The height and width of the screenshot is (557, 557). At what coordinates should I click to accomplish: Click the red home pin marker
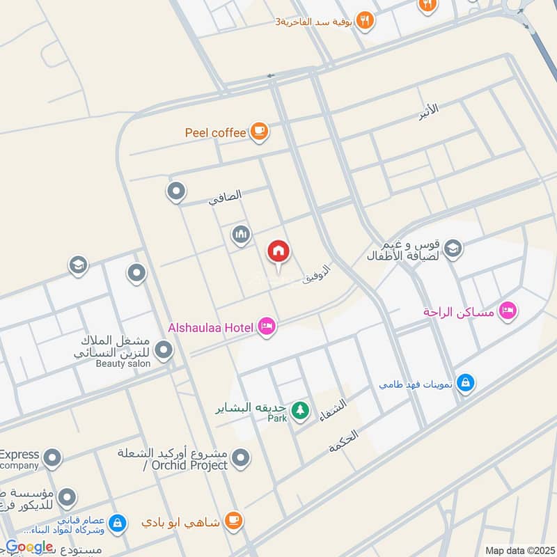[279, 253]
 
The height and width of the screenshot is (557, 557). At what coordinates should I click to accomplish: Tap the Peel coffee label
[215, 132]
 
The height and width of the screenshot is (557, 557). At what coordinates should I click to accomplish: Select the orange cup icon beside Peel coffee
[259, 131]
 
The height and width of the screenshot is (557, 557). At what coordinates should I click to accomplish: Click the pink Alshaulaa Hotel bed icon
[266, 327]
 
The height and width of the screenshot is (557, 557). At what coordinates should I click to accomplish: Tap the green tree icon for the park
[300, 410]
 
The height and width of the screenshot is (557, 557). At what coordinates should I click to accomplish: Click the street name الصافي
[226, 197]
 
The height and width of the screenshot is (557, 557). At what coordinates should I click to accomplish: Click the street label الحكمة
[343, 442]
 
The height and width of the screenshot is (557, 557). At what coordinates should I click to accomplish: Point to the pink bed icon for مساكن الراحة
[508, 311]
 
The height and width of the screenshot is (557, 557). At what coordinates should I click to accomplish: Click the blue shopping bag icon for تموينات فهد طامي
[466, 383]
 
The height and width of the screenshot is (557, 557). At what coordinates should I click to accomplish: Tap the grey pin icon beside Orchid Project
[241, 458]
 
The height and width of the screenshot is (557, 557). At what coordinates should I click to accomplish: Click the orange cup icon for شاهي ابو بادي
[234, 520]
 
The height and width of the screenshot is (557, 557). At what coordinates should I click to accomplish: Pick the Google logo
[29, 547]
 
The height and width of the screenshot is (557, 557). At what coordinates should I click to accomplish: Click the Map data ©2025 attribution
[519, 550]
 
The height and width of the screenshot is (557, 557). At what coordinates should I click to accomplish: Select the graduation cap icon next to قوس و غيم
[453, 249]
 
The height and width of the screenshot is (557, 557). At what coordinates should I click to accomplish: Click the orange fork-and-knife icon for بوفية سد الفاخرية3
[365, 20]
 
